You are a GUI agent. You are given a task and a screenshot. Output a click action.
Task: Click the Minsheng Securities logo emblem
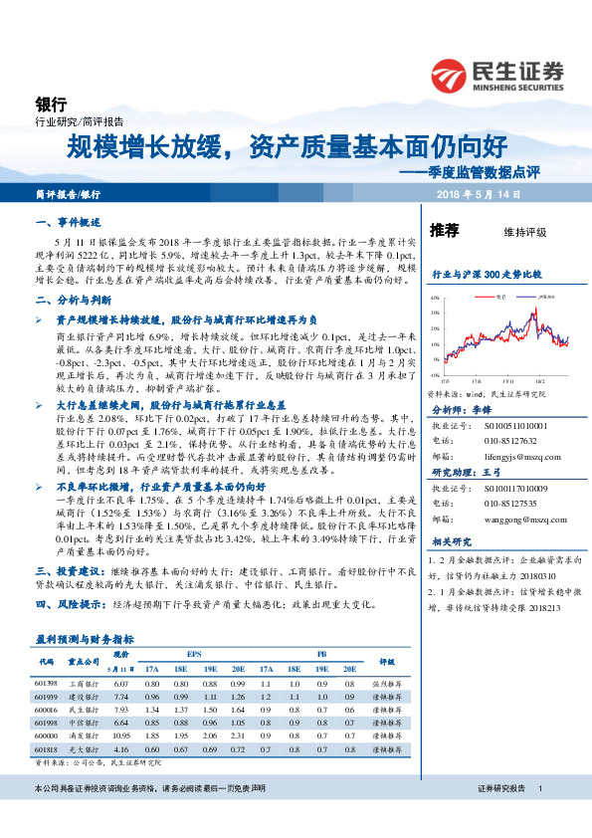pos(450,73)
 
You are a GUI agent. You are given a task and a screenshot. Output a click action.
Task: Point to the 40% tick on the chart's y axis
pos(434,299)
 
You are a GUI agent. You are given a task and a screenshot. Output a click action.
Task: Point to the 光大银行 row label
pos(84,747)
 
